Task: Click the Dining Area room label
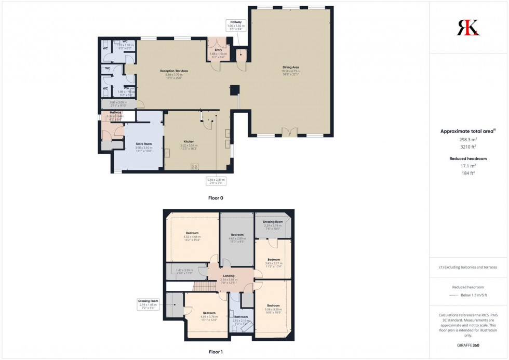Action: coord(291,68)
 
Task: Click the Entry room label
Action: coord(219,50)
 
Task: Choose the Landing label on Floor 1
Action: coord(229,276)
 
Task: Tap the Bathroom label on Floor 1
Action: coord(241,316)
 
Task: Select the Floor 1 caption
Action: coord(216,352)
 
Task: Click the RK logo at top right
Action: coord(468,27)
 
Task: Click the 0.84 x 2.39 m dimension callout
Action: coord(216,180)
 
